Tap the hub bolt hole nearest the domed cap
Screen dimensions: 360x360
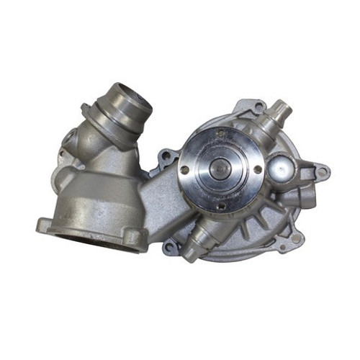pyautogui.click(x=257, y=169)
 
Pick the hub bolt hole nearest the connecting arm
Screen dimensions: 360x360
pyautogui.click(x=185, y=170)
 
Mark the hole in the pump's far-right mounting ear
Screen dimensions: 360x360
pyautogui.click(x=321, y=172)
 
